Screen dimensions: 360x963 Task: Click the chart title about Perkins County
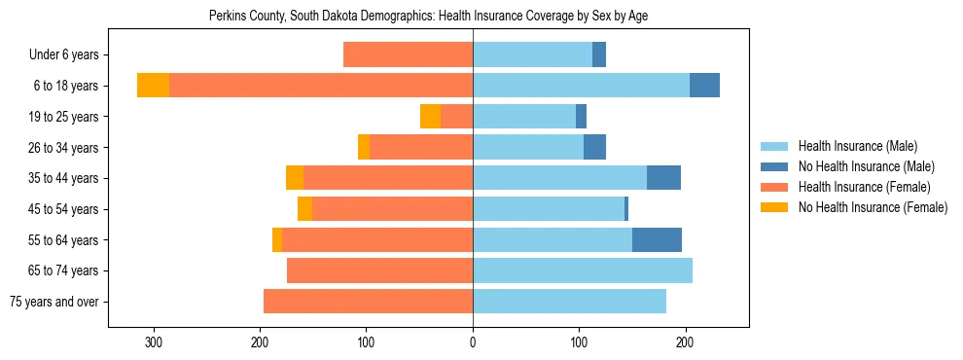[428, 17]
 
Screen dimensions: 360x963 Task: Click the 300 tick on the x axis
[153, 342]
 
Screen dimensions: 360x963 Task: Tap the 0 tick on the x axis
[473, 342]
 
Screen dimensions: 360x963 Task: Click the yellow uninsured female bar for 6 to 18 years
[153, 86]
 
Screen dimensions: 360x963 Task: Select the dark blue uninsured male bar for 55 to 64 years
[657, 239]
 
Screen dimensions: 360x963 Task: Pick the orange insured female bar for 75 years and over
[368, 302]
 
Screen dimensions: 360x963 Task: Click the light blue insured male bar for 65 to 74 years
[582, 270]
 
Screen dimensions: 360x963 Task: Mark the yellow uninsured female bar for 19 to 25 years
[430, 117]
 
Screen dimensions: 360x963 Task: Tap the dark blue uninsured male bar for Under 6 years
[599, 55]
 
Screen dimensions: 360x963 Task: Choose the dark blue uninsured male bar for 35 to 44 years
[663, 178]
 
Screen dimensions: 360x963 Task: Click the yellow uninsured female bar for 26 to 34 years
[364, 147]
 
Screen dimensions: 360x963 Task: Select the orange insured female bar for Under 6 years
[408, 55]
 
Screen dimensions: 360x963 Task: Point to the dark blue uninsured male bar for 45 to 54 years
[626, 209]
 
